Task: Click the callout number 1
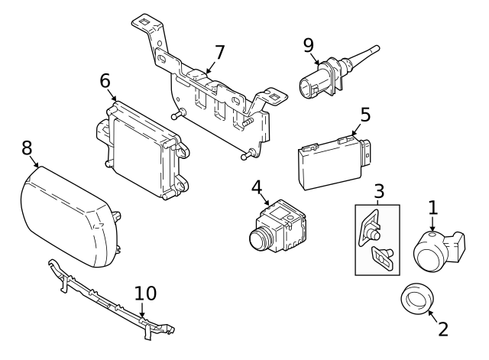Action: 432,206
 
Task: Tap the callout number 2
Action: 442,329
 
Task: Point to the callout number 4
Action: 257,186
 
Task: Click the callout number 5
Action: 365,115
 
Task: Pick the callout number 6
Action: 105,81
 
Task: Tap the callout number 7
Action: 219,53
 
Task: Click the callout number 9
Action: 309,45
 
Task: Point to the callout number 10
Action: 145,294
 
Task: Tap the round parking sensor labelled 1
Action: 433,249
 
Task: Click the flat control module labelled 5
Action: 330,163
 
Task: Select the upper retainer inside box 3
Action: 371,226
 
